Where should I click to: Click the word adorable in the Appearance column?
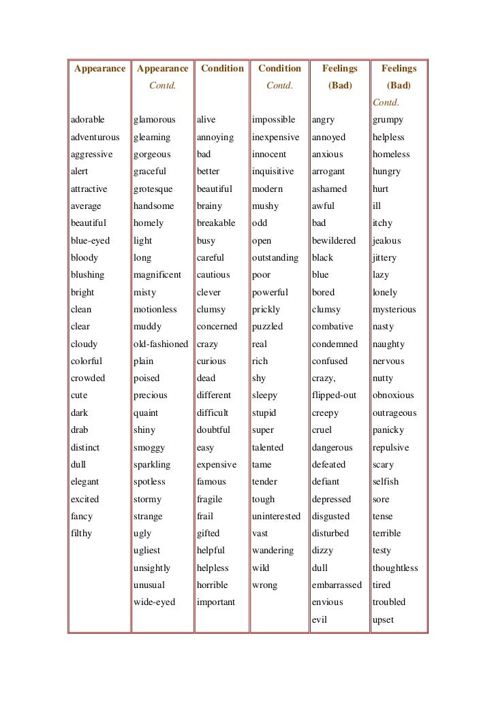pyautogui.click(x=88, y=120)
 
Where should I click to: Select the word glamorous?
pyautogui.click(x=155, y=120)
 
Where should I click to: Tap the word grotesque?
pyautogui.click(x=153, y=189)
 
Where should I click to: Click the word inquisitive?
pyautogui.click(x=273, y=172)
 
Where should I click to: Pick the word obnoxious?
pyautogui.click(x=394, y=395)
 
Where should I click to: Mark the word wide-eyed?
pyautogui.click(x=155, y=602)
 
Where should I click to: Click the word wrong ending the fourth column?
pyautogui.click(x=265, y=585)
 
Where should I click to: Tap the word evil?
pyautogui.click(x=320, y=619)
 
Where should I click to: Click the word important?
pyautogui.click(x=216, y=602)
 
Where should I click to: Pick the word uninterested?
pyautogui.click(x=276, y=516)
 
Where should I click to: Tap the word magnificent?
pyautogui.click(x=158, y=275)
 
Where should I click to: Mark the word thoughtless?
pyautogui.click(x=395, y=568)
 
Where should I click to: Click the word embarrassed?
pyautogui.click(x=337, y=585)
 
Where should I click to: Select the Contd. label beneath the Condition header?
pyautogui.click(x=279, y=86)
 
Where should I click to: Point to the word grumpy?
pyautogui.click(x=388, y=120)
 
